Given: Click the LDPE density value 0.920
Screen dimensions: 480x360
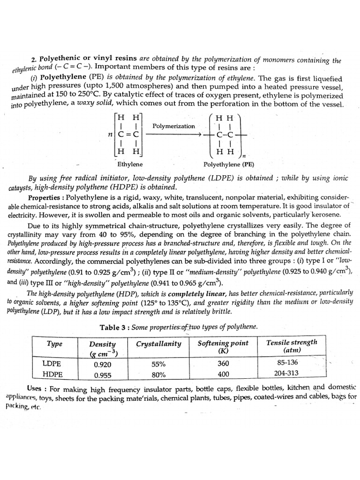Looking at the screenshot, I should tap(102, 364).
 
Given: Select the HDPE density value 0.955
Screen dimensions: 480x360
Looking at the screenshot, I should tap(102, 375).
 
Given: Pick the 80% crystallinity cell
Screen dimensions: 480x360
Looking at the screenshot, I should tap(159, 375).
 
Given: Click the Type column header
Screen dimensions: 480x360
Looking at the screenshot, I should tap(55, 344).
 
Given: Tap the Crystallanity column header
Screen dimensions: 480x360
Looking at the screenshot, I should tap(158, 344).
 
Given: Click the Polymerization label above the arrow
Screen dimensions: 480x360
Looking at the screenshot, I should tap(173, 126).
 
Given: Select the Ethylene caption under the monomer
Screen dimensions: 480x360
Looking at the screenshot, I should tap(128, 165).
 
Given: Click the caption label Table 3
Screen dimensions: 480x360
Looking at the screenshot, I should tap(113, 327).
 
